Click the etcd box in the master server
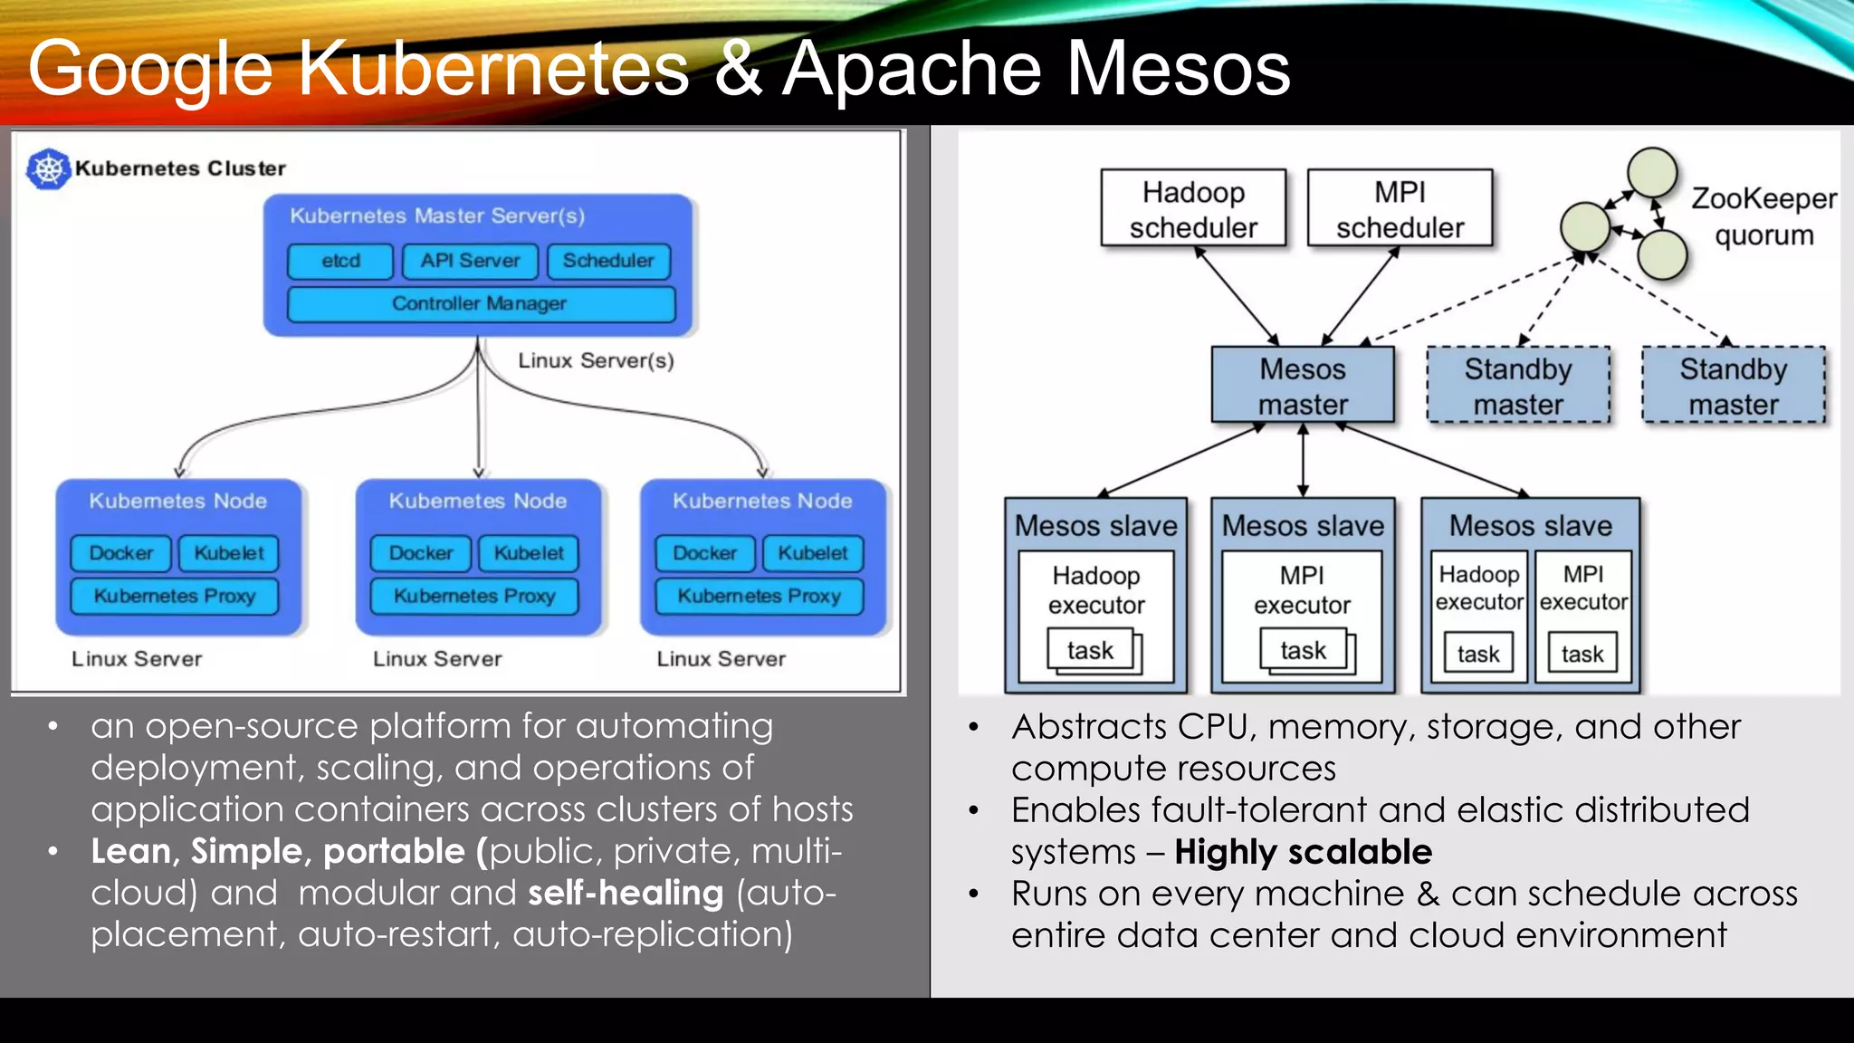pyautogui.click(x=340, y=261)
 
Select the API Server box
pyautogui.click(x=470, y=261)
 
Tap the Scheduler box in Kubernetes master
pyautogui.click(x=608, y=261)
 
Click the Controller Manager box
pyautogui.click(x=480, y=304)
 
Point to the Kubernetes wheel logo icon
pyautogui.click(x=48, y=168)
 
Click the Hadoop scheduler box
pyautogui.click(x=1193, y=208)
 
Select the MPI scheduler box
pyautogui.click(x=1400, y=208)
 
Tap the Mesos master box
pyautogui.click(x=1302, y=386)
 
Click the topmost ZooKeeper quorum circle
pyautogui.click(x=1652, y=172)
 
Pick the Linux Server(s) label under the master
pyautogui.click(x=596, y=360)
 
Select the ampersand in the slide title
pyautogui.click(x=738, y=70)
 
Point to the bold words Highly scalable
pyautogui.click(x=1303, y=852)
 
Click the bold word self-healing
pyautogui.click(x=626, y=894)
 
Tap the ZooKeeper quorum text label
pyautogui.click(x=1763, y=216)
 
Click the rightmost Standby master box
pyautogui.click(x=1733, y=386)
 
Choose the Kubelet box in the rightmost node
pyautogui.click(x=812, y=553)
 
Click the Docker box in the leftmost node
pyautogui.click(x=120, y=553)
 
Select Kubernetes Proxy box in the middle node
pyautogui.click(x=474, y=597)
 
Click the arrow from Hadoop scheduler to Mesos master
pyautogui.click(x=1237, y=297)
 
